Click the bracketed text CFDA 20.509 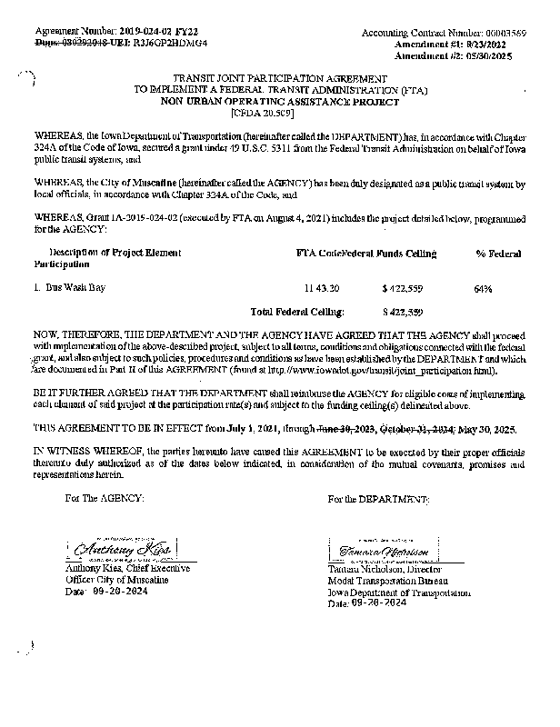(256, 113)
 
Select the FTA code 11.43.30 (322, 288)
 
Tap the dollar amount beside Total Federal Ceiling (403, 311)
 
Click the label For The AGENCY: (105, 499)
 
